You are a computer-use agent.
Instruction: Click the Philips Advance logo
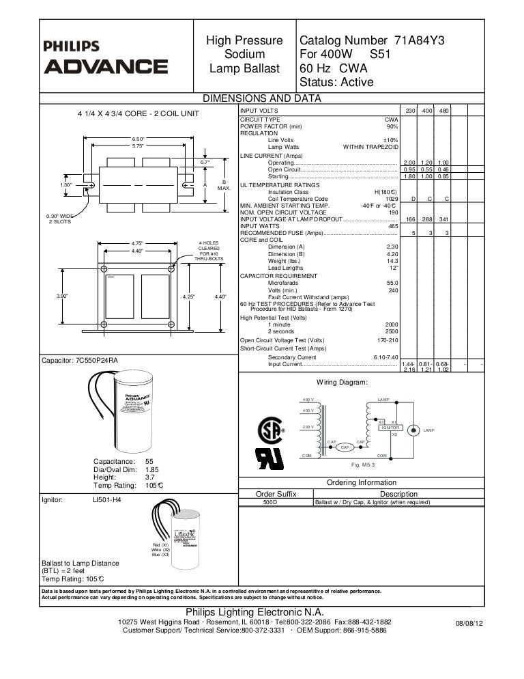pos(105,59)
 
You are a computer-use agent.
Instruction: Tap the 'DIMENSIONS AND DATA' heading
pos(262,98)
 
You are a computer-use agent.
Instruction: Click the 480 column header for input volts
pos(443,111)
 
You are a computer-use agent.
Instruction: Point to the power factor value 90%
pos(392,126)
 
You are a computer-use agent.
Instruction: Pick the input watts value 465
pos(392,226)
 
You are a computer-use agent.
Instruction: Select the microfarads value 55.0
pos(392,282)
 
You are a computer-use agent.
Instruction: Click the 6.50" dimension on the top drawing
pos(139,139)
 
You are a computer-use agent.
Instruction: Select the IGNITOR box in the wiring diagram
pos(390,428)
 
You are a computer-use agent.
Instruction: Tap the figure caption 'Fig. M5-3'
pos(360,465)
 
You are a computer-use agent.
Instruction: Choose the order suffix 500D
pos(271,501)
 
